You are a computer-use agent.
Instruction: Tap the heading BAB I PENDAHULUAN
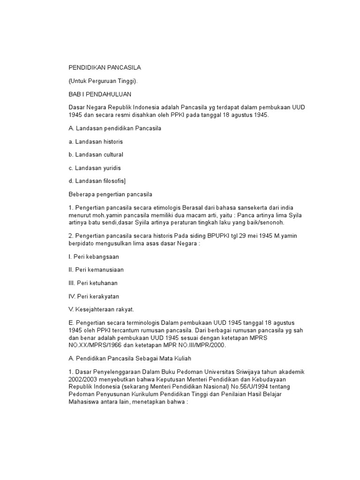pos(98,94)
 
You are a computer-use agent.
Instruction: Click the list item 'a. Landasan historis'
pos(96,141)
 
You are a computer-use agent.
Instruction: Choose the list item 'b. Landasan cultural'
pos(96,154)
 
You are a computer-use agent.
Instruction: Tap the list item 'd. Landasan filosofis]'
pos(97,180)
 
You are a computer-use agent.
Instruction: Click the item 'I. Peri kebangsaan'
pos(93,257)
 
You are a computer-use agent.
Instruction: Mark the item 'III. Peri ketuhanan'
pos(93,283)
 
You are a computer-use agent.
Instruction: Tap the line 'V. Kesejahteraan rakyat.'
pos(101,309)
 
